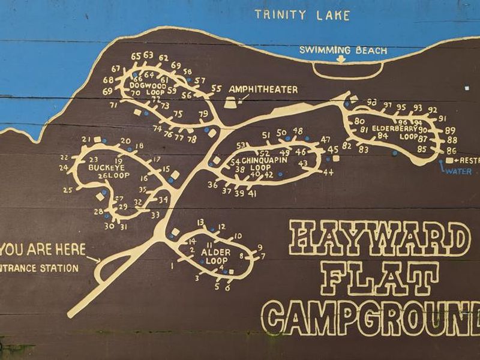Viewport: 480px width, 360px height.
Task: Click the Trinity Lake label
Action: [302, 15]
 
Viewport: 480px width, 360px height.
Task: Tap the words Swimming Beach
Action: [343, 50]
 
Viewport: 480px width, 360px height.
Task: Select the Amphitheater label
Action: [263, 89]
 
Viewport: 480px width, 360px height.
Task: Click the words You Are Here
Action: [43, 249]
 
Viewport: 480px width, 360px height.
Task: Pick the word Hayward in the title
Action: [379, 238]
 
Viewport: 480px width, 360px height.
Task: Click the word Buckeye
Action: [106, 168]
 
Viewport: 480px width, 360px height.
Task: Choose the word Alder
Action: [215, 253]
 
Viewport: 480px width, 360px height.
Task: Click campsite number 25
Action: [68, 190]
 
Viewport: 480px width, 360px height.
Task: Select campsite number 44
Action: [328, 172]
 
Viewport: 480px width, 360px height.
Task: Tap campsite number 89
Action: [451, 130]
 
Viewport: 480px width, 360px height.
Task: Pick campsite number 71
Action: [113, 105]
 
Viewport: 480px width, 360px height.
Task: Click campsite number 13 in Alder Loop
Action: [200, 222]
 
